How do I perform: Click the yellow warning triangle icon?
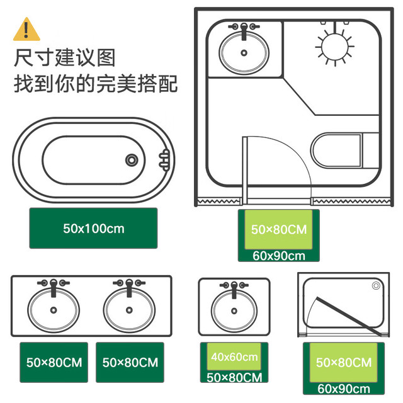click(26, 30)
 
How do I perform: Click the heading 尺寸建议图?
click(64, 57)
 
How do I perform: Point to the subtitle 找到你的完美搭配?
click(96, 83)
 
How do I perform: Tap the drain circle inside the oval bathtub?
click(132, 160)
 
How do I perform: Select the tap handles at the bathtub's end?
click(164, 160)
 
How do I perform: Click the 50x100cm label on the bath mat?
click(94, 229)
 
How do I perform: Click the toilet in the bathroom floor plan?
click(344, 150)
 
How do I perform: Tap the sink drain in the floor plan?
click(244, 53)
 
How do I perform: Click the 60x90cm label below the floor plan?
click(279, 256)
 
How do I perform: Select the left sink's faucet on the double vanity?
click(54, 287)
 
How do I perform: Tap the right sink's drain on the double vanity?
click(129, 310)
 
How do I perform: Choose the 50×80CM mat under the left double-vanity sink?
click(54, 363)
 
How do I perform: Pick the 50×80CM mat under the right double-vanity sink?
click(130, 363)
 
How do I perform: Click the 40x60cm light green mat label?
click(234, 357)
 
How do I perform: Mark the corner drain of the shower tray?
click(376, 285)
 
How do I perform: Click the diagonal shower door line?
click(349, 317)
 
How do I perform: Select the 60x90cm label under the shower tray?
click(344, 389)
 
